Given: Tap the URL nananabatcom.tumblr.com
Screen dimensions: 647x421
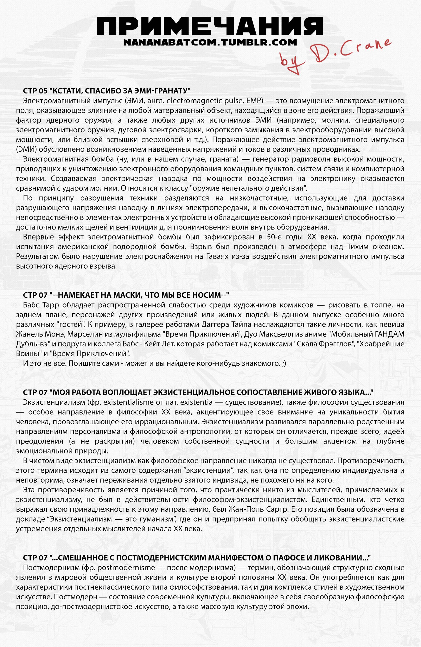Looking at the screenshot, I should (210, 42).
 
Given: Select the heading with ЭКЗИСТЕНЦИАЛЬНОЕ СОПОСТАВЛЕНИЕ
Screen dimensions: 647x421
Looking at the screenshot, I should (198, 393).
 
